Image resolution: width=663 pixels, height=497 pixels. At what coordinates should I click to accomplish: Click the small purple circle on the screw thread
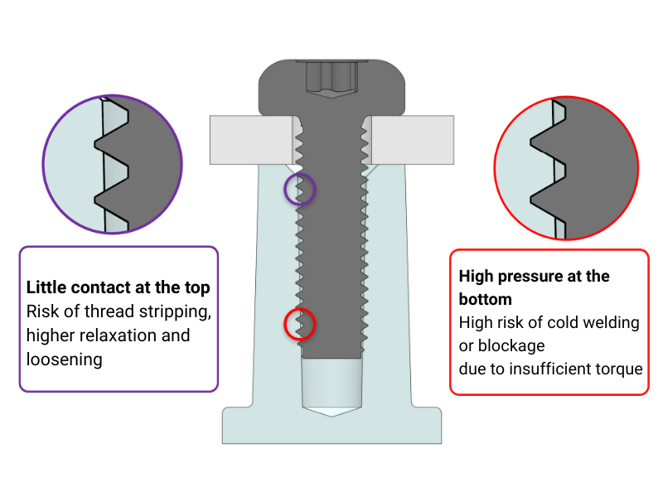coord(300,189)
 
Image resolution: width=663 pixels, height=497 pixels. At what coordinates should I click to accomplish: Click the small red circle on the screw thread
coord(300,324)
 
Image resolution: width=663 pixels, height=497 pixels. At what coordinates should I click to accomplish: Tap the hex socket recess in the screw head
coord(332,80)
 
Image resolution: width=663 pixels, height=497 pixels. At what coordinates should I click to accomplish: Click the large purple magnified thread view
coord(113,164)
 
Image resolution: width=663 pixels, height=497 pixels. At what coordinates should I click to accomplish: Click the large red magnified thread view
coord(566,168)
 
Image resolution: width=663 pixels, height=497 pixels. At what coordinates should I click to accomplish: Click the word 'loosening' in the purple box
coord(65,359)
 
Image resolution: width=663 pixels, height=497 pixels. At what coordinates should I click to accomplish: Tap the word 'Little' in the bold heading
coord(46,287)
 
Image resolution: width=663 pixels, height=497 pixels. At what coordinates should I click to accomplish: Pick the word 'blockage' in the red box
coord(511,345)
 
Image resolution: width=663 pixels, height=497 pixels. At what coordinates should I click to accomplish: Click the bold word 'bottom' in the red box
coord(486,299)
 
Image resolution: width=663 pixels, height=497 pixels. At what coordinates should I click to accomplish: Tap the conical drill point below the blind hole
coord(332,412)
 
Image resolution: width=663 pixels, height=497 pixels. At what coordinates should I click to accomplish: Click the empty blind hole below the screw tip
coord(332,383)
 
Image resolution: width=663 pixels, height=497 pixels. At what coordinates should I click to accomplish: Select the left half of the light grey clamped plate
coord(252,140)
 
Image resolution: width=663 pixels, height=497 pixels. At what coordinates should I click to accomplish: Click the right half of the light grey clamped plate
coord(412,140)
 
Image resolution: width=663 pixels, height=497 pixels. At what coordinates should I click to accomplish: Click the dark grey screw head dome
coord(332,88)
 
